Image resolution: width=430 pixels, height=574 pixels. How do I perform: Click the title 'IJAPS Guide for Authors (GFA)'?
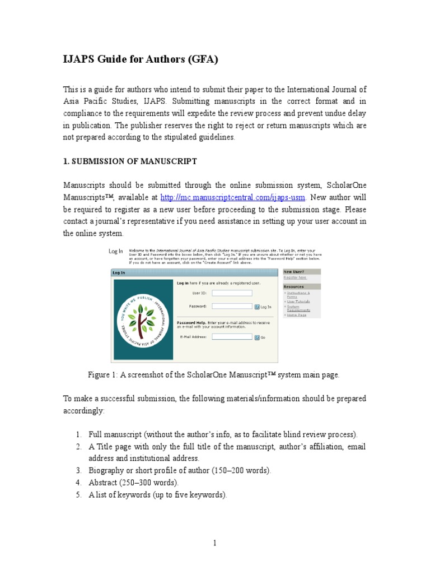point(140,60)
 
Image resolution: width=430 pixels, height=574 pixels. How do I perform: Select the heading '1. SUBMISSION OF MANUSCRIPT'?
point(129,161)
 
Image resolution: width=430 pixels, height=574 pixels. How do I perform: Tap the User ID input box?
point(232,293)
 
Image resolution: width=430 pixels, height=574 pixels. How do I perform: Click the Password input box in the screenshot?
point(232,307)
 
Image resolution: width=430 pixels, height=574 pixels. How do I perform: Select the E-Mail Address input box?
point(232,337)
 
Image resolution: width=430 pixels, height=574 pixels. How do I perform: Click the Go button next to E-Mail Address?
point(258,337)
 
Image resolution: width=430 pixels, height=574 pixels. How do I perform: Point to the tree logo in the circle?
point(141,320)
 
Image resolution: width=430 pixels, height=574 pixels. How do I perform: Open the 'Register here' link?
point(295,277)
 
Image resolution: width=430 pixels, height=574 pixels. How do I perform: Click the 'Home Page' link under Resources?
point(296,315)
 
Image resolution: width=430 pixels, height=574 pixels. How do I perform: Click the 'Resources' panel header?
point(294,286)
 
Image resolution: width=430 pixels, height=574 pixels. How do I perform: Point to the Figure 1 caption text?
point(214,375)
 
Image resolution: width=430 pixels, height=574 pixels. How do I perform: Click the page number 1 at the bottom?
point(214,543)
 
